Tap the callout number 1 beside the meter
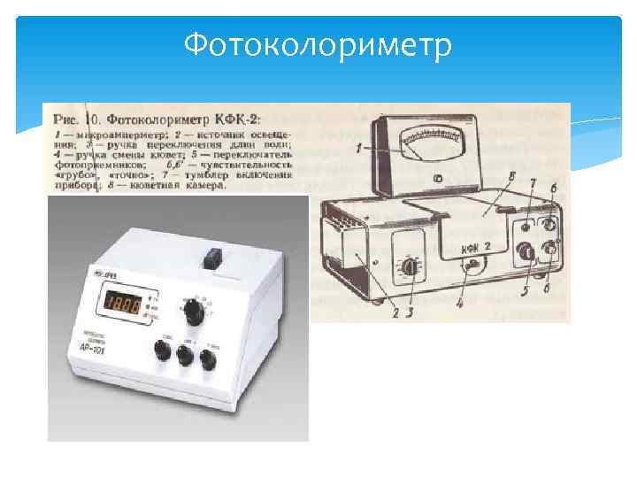pos(357,150)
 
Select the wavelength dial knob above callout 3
pos(409,266)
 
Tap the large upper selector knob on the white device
pos(192,312)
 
